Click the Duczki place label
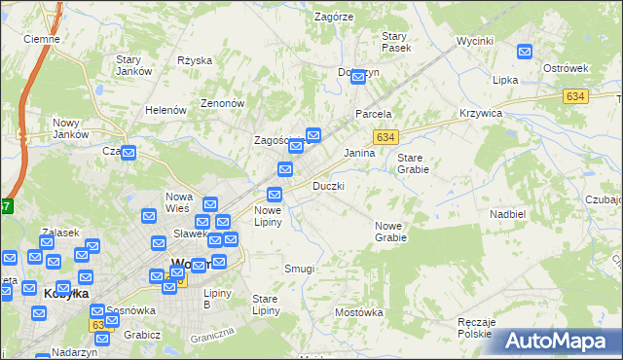click(x=328, y=186)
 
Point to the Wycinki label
click(x=475, y=42)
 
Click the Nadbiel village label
click(x=508, y=212)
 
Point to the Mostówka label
click(x=358, y=312)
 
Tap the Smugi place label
click(x=299, y=269)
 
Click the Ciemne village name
click(x=42, y=39)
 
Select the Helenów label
click(x=165, y=110)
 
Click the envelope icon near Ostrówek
click(x=526, y=53)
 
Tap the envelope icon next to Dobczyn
click(x=357, y=75)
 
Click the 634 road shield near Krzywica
click(x=574, y=96)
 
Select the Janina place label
click(x=360, y=153)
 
